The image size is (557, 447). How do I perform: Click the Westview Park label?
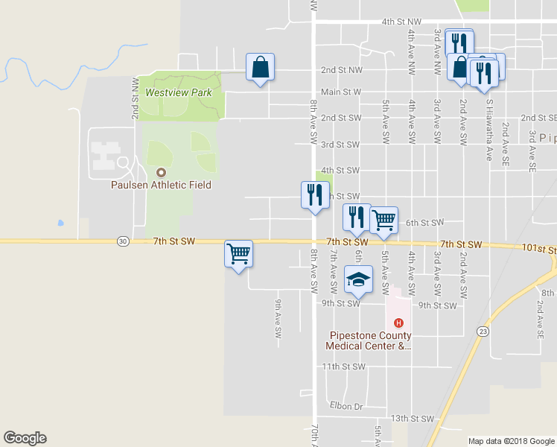(179, 93)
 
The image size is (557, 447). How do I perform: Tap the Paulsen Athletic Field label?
(161, 185)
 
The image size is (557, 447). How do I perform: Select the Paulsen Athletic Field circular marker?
(161, 172)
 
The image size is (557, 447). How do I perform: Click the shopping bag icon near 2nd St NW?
(261, 68)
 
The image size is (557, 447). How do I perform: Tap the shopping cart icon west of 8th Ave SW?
(238, 254)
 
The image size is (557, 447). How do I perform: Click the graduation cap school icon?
(358, 280)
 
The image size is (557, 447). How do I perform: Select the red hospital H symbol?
(399, 323)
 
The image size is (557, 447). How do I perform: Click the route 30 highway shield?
(122, 241)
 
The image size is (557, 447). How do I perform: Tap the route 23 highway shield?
(483, 331)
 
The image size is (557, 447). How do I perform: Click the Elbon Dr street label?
(346, 407)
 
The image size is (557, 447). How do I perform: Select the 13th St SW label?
(412, 419)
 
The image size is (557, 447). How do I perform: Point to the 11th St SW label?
(344, 367)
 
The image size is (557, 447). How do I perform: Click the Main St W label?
(341, 92)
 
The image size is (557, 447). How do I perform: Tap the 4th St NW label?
(403, 22)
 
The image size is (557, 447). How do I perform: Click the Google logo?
(25, 438)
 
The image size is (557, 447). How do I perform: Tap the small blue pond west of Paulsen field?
(59, 223)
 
